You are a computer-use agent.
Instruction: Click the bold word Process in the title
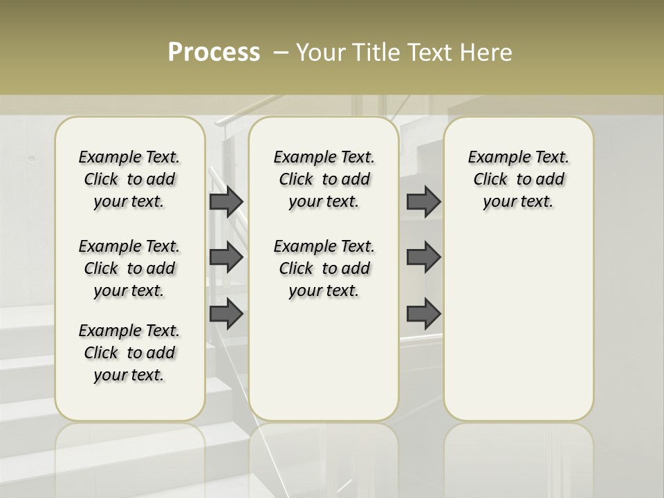[x=214, y=52]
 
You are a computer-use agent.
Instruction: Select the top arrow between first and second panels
[x=225, y=202]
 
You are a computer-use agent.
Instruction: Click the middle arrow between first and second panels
[x=225, y=257]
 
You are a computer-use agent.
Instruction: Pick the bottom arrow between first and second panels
[x=225, y=313]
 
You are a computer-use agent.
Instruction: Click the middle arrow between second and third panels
[x=423, y=257]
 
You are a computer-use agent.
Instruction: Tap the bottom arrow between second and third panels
[x=423, y=313]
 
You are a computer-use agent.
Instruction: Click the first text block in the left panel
[x=129, y=179]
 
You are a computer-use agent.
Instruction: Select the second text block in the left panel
[x=129, y=268]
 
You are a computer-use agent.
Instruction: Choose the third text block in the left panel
[x=129, y=353]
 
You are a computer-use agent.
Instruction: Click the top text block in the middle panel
[x=324, y=179]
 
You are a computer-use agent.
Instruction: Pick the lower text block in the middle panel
[x=324, y=268]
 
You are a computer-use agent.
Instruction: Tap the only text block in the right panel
[x=519, y=179]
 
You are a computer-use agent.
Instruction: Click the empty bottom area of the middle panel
[x=324, y=367]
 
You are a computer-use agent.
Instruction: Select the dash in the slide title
[x=281, y=53]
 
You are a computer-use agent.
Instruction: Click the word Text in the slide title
[x=431, y=53]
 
